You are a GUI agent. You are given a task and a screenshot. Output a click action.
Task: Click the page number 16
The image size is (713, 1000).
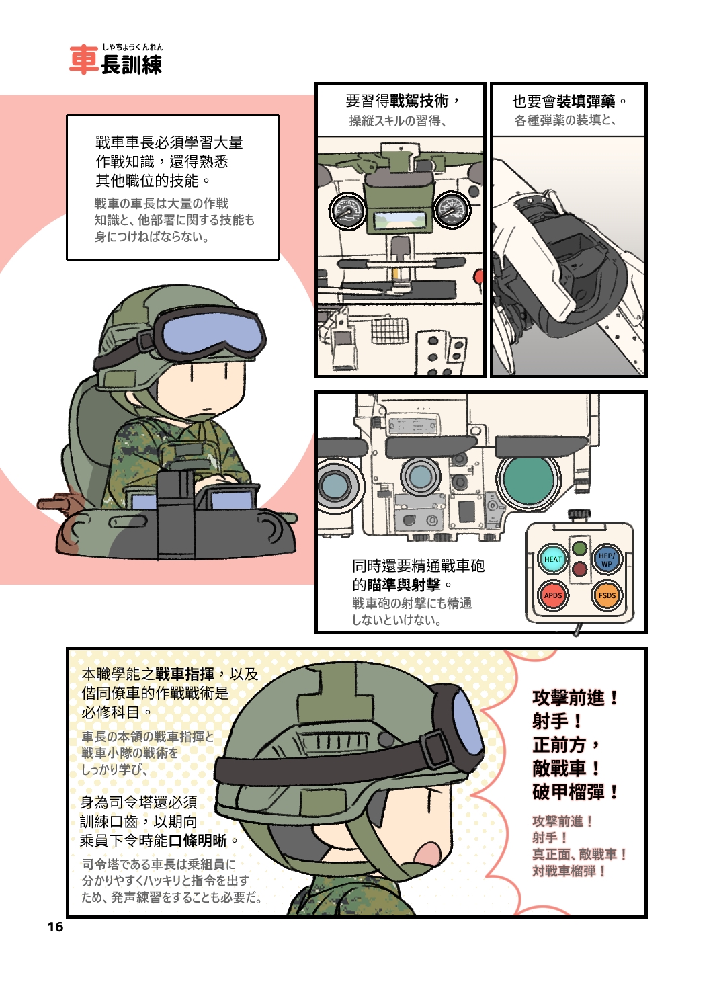(x=55, y=927)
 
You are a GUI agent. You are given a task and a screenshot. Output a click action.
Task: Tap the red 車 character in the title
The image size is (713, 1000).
(x=84, y=60)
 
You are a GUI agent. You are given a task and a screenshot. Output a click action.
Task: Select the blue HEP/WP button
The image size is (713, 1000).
(x=606, y=559)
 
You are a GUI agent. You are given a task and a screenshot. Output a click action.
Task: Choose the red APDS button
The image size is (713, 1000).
(x=552, y=595)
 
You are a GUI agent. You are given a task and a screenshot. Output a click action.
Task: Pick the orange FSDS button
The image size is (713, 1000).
(x=606, y=595)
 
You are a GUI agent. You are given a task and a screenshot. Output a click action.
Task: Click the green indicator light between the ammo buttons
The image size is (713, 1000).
(x=579, y=548)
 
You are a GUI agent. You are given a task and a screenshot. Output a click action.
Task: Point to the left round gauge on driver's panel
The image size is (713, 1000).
(x=347, y=211)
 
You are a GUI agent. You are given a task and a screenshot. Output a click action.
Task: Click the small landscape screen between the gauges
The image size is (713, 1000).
(x=400, y=220)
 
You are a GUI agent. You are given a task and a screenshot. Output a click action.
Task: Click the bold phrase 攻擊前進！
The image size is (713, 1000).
(x=575, y=698)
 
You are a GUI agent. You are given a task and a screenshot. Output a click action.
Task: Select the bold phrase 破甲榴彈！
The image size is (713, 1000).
(x=575, y=792)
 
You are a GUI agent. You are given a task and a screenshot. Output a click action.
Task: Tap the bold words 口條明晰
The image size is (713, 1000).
(x=198, y=841)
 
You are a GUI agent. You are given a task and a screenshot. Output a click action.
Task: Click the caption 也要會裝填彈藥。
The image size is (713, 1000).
(x=569, y=101)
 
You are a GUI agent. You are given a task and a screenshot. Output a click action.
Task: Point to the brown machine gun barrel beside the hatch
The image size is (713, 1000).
(x=57, y=503)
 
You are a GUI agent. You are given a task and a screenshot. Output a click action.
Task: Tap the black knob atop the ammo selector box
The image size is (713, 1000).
(x=579, y=515)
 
